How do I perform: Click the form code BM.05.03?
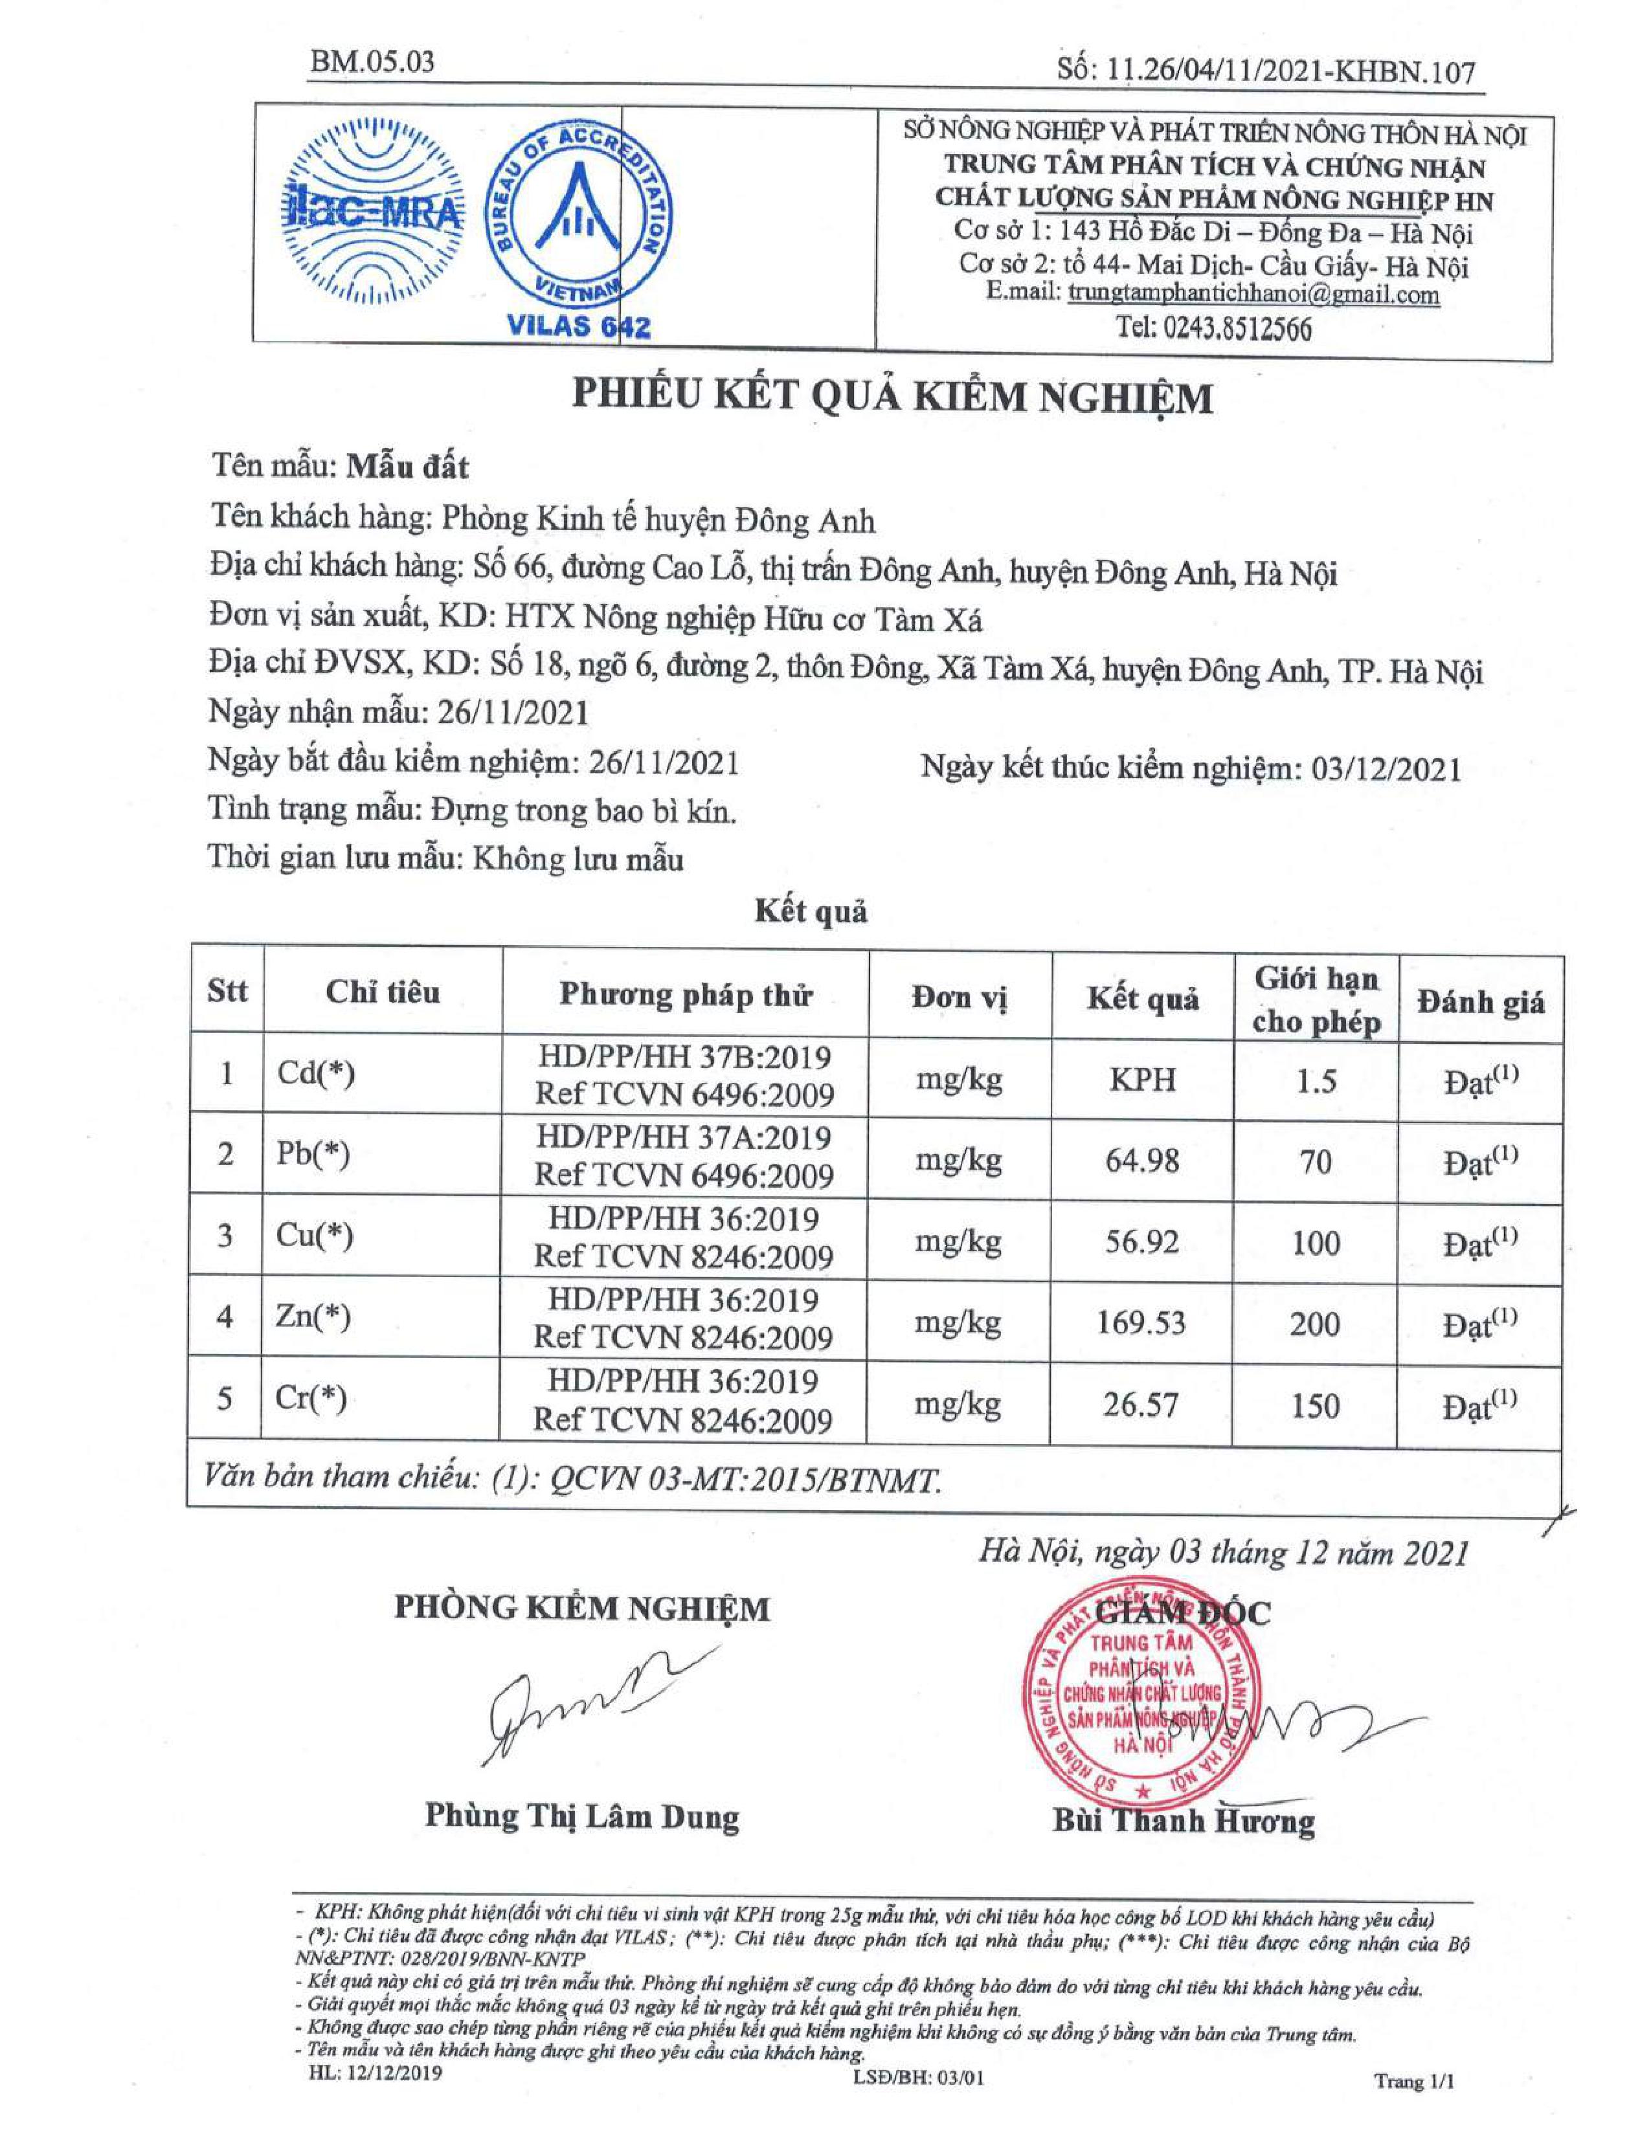[372, 63]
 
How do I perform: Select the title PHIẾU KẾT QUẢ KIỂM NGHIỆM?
[892, 398]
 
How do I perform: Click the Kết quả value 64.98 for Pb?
[1142, 1161]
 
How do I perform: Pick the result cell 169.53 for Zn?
[1142, 1323]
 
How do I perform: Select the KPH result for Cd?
[1142, 1080]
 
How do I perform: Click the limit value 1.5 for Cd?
[1316, 1081]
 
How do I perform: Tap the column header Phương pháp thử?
[686, 996]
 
